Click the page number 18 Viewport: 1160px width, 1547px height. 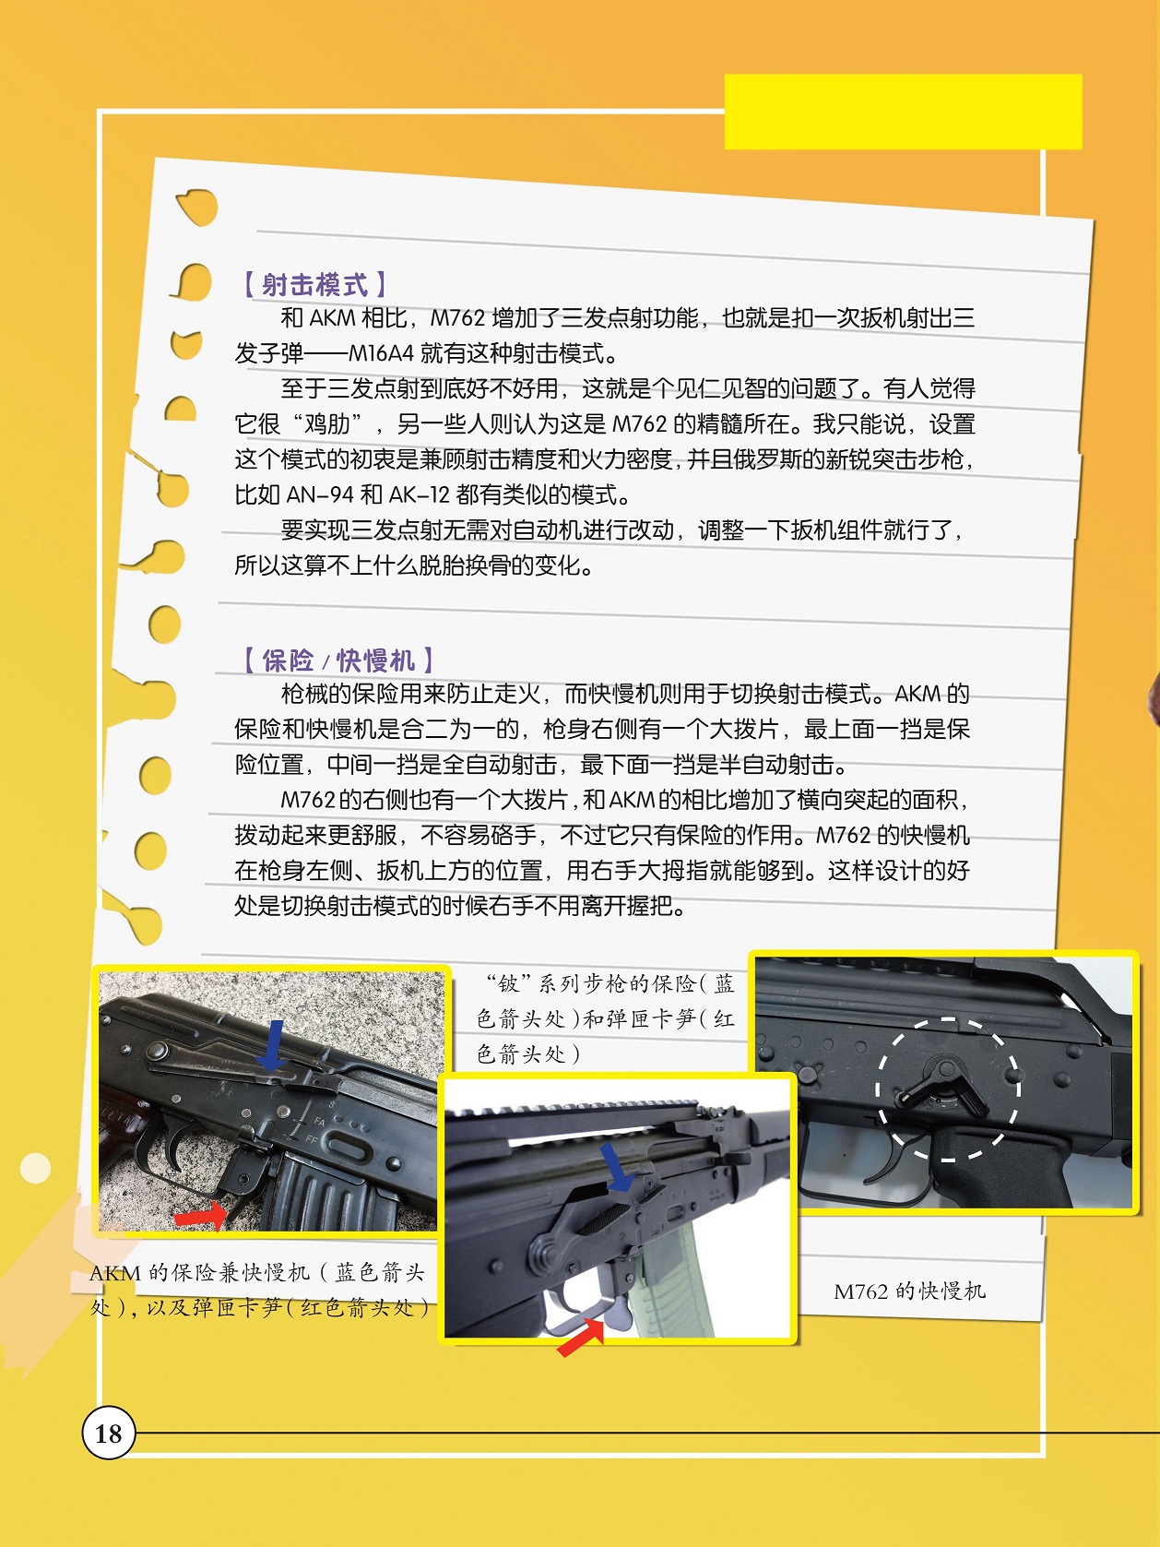[x=109, y=1433]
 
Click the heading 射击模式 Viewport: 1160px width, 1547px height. [x=314, y=285]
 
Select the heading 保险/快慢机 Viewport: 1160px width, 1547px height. [x=337, y=660]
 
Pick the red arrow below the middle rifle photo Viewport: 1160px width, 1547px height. [x=582, y=1337]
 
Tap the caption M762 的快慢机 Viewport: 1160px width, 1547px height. [x=909, y=1291]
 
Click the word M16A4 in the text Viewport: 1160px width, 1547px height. [x=381, y=353]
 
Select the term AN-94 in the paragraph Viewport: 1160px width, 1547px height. [x=320, y=494]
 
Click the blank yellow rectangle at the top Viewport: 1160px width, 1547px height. [x=903, y=112]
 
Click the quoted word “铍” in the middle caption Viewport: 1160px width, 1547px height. [x=508, y=983]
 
